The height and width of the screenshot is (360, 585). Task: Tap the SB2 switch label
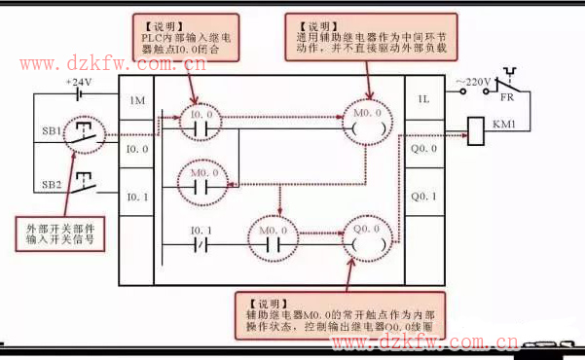[x=51, y=184]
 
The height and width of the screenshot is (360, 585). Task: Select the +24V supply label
[x=78, y=83]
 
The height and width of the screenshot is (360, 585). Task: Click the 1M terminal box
[x=137, y=101]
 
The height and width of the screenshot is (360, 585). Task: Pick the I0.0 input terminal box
[x=137, y=149]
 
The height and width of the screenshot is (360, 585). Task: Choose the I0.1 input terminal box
[x=137, y=197]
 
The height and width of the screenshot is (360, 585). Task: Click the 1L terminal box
[x=423, y=100]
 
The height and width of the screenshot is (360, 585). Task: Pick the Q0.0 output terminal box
[x=423, y=149]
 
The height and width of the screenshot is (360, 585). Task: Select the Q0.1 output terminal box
[x=423, y=197]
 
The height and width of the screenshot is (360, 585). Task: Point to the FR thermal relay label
[x=507, y=99]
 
